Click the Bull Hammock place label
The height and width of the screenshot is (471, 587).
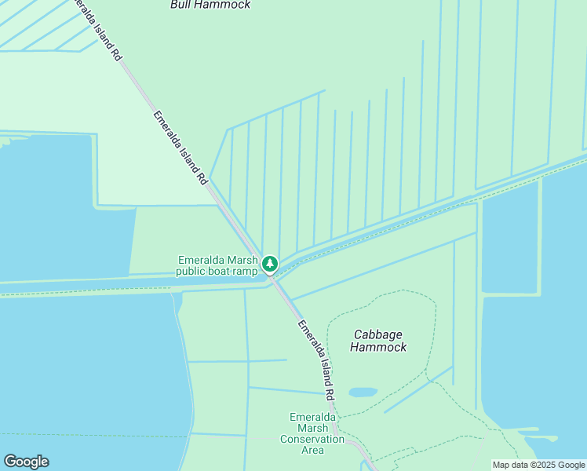click(x=210, y=5)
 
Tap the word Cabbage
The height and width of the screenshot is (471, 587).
click(x=378, y=334)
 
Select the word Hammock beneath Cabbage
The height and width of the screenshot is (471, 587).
click(x=378, y=347)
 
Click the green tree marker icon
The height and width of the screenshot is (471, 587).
click(x=270, y=262)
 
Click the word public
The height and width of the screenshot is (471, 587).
click(x=191, y=272)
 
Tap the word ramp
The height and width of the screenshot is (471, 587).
click(x=245, y=272)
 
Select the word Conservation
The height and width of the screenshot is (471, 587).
click(x=312, y=439)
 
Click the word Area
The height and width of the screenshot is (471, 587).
click(x=312, y=450)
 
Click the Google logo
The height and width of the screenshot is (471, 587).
click(x=26, y=462)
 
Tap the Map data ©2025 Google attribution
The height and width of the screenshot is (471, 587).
click(x=538, y=465)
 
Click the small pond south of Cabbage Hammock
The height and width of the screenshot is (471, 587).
click(x=363, y=392)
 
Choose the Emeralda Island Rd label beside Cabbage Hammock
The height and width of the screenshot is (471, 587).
click(x=317, y=359)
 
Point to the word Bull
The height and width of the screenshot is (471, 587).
click(x=183, y=5)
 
